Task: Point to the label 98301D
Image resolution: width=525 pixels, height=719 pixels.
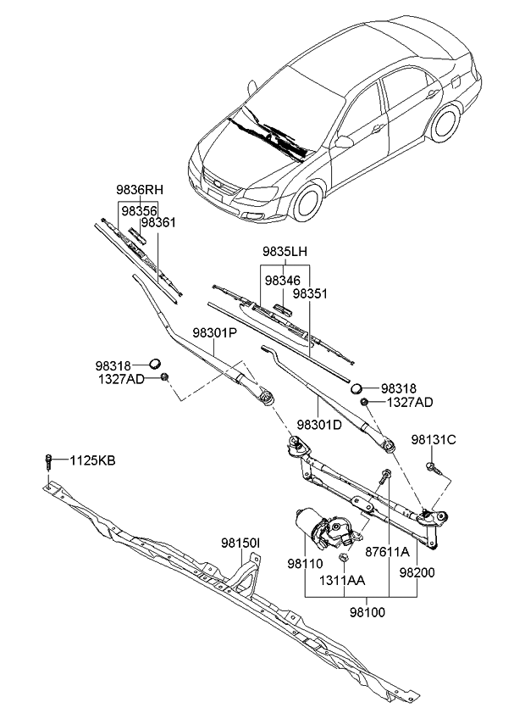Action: tap(318, 424)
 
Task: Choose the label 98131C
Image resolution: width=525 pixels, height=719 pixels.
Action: tap(434, 439)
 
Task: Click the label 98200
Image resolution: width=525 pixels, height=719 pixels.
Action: tap(417, 574)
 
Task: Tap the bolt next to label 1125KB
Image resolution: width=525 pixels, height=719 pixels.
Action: tap(50, 462)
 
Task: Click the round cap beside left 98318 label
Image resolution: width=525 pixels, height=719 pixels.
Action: tap(156, 364)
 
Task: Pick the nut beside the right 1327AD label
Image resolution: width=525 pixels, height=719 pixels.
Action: tap(363, 403)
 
